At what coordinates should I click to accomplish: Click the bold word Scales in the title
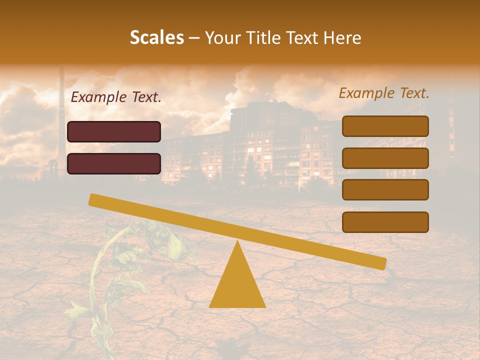click(156, 37)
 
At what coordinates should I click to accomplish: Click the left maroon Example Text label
click(116, 97)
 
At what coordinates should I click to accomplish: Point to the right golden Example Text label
click(384, 93)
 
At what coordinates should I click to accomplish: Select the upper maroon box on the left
click(114, 131)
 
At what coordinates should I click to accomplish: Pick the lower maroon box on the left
click(114, 163)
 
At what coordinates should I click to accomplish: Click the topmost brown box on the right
click(385, 126)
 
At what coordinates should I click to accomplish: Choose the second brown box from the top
click(385, 158)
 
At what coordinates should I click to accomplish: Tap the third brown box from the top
click(385, 189)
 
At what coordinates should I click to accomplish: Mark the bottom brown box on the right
click(385, 222)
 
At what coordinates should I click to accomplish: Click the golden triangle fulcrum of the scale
click(237, 285)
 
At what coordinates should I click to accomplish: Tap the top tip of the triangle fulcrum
click(237, 243)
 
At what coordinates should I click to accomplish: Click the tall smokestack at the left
click(61, 120)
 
